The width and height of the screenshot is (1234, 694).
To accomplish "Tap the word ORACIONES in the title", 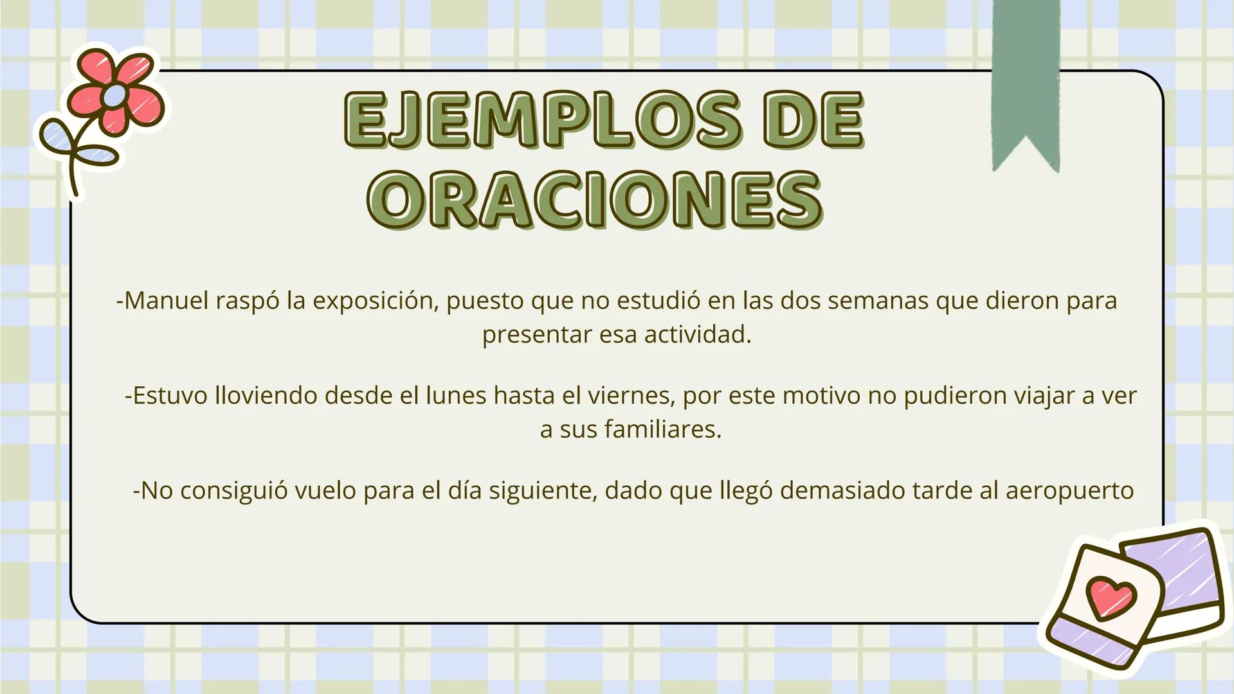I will [595, 199].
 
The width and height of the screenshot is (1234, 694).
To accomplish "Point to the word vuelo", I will [325, 491].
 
